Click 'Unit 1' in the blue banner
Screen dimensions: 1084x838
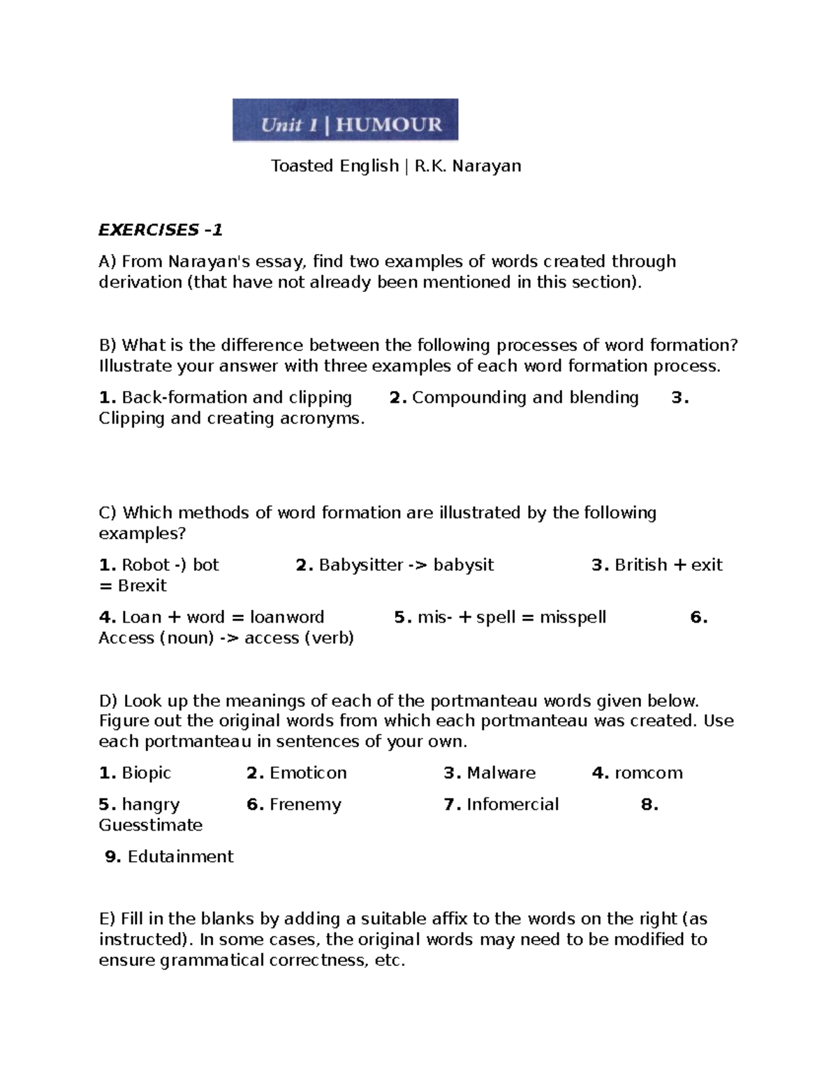click(x=290, y=125)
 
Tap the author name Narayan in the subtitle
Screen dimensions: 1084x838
click(x=486, y=166)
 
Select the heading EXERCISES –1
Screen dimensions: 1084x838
click(x=160, y=230)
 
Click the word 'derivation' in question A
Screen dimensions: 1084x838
click(x=138, y=282)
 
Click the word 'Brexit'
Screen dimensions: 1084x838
click(x=142, y=586)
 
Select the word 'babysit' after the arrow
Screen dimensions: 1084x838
click(x=463, y=565)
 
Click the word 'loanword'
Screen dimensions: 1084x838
click(x=287, y=617)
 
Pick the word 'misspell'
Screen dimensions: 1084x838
click(x=573, y=617)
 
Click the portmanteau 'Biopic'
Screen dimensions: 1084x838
click(x=146, y=773)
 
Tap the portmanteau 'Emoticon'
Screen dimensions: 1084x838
click(x=308, y=773)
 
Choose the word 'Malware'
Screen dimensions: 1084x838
click(x=501, y=773)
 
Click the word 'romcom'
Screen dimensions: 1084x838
click(x=648, y=773)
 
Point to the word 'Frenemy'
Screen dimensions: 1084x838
click(x=305, y=805)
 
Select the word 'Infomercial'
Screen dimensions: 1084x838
click(x=512, y=804)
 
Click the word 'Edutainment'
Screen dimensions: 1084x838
click(x=180, y=856)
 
